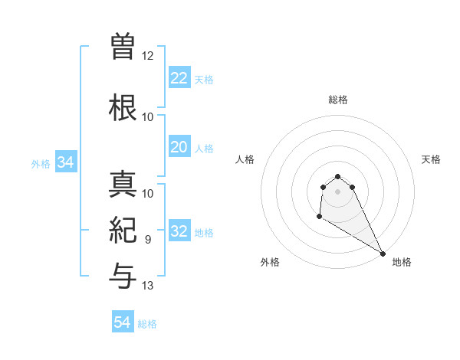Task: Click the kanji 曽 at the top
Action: coord(123,47)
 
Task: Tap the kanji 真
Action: coord(123,185)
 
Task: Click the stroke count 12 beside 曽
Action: coord(148,55)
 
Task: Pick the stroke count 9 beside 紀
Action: coord(148,239)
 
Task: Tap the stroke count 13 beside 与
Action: coord(148,286)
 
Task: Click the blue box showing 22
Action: coord(179,78)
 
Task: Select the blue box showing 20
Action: coord(179,147)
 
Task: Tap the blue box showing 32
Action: coord(179,231)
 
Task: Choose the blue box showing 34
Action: coord(65,162)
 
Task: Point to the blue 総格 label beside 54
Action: coord(147,324)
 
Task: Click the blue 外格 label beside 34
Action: coord(40,163)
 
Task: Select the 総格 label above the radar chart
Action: coord(337,100)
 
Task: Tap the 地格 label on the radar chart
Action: coord(402,262)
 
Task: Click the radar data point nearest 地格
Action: coord(383,254)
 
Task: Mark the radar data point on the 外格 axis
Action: coord(319,218)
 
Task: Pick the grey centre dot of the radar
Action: coord(337,191)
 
